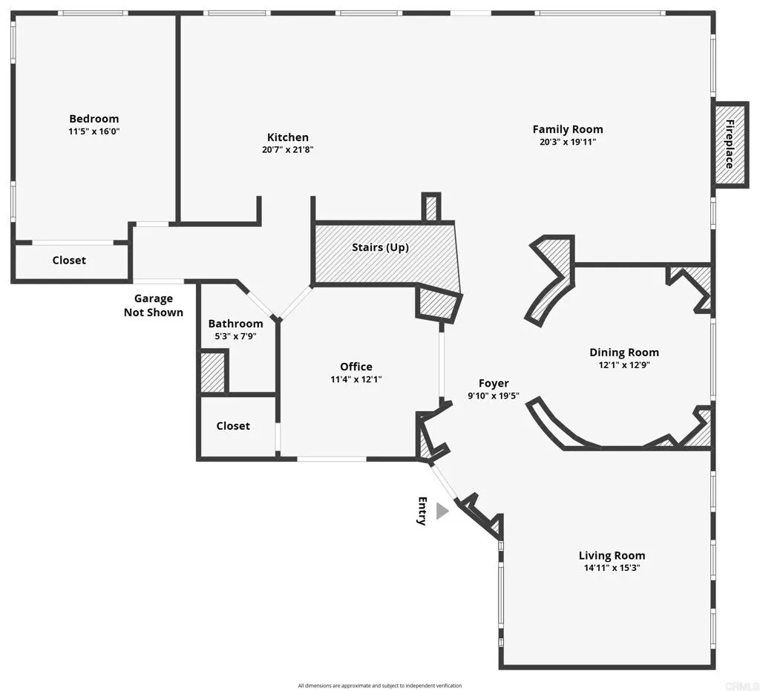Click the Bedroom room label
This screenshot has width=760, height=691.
tap(94, 119)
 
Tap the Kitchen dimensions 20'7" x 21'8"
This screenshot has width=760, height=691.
tap(288, 149)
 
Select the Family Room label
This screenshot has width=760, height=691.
tap(568, 129)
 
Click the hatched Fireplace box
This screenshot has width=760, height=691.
tap(729, 143)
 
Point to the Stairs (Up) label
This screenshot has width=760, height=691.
tap(380, 247)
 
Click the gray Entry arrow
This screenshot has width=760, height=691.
tap(442, 511)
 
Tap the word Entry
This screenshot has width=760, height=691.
tap(422, 511)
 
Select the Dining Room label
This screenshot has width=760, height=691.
tap(624, 353)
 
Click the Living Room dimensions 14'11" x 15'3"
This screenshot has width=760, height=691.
tap(612, 568)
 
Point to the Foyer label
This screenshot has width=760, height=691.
tap(494, 383)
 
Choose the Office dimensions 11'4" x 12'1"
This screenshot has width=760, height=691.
tap(356, 379)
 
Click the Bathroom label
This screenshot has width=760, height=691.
tap(235, 324)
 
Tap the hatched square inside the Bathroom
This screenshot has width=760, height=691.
tap(213, 372)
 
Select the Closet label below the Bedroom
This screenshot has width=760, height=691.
tap(69, 261)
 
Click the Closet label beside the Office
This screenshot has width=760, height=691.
tap(233, 426)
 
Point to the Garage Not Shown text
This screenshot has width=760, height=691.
tap(154, 306)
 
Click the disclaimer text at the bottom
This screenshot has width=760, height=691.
tap(380, 686)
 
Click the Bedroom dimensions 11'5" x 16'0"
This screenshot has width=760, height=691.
tap(94, 131)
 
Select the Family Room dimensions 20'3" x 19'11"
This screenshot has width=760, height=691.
tap(568, 142)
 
